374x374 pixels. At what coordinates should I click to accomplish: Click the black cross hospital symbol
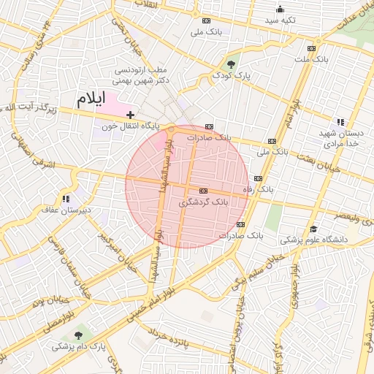130,115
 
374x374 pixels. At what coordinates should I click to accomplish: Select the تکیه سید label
280,20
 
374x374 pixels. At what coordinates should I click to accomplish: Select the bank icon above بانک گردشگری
203,190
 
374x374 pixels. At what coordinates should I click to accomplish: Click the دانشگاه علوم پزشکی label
314,240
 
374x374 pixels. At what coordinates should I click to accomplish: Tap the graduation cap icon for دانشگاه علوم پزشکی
313,229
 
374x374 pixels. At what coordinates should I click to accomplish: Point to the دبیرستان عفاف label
66,210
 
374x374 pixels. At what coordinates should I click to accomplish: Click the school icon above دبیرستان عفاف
66,199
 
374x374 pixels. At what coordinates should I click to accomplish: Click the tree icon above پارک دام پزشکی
78,335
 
